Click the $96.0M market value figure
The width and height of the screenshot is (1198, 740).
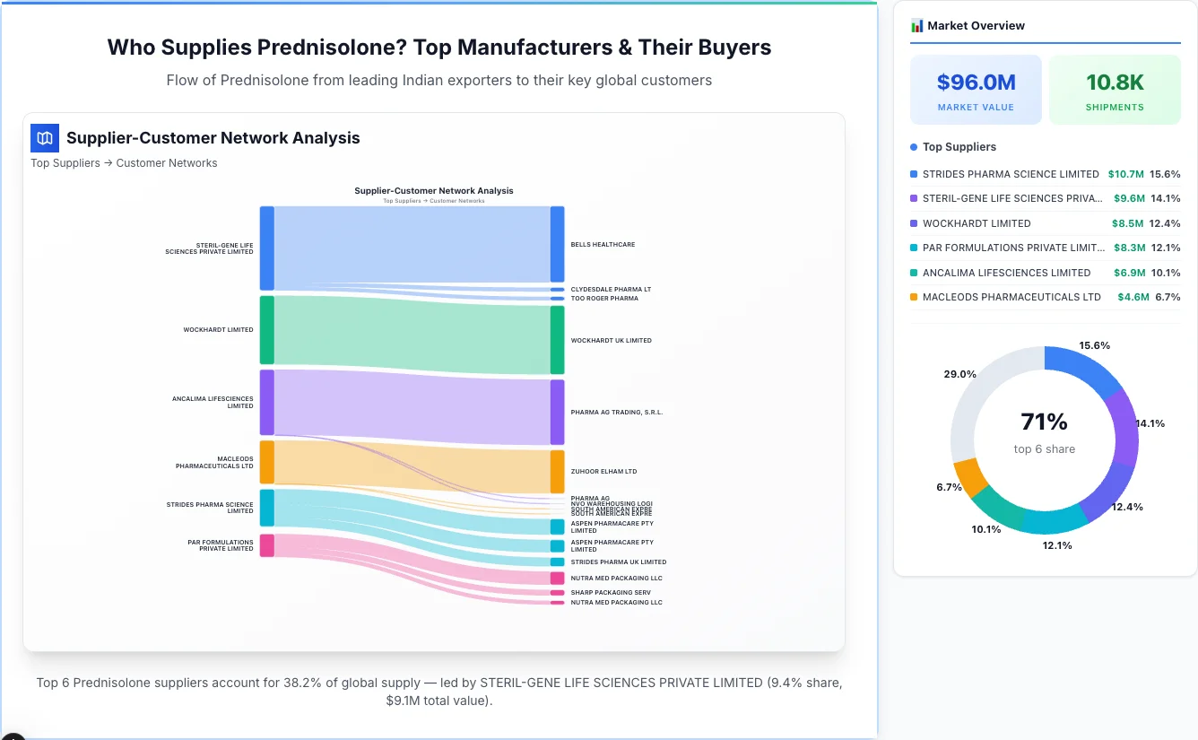(976, 83)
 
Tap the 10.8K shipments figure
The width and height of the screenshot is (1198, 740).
(1115, 83)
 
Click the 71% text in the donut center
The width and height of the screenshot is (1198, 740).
(1044, 422)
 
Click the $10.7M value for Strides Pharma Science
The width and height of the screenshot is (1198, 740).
(1125, 174)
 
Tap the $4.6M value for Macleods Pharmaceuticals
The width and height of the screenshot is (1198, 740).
(1133, 297)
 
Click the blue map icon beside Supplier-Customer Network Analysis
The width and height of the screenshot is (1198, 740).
(44, 137)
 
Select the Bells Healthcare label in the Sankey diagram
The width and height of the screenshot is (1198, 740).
(603, 244)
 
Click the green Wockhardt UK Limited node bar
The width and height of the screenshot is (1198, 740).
(557, 340)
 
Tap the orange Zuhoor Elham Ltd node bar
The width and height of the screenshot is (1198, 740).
(557, 471)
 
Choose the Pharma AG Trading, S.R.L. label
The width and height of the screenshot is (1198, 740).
(616, 413)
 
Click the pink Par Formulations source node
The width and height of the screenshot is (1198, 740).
(266, 545)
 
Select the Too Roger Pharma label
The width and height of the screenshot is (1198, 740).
(604, 298)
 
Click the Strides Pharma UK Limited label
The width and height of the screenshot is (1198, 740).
(618, 562)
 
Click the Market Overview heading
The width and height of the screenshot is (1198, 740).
(976, 25)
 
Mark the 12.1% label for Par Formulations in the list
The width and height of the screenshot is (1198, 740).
(1165, 248)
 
